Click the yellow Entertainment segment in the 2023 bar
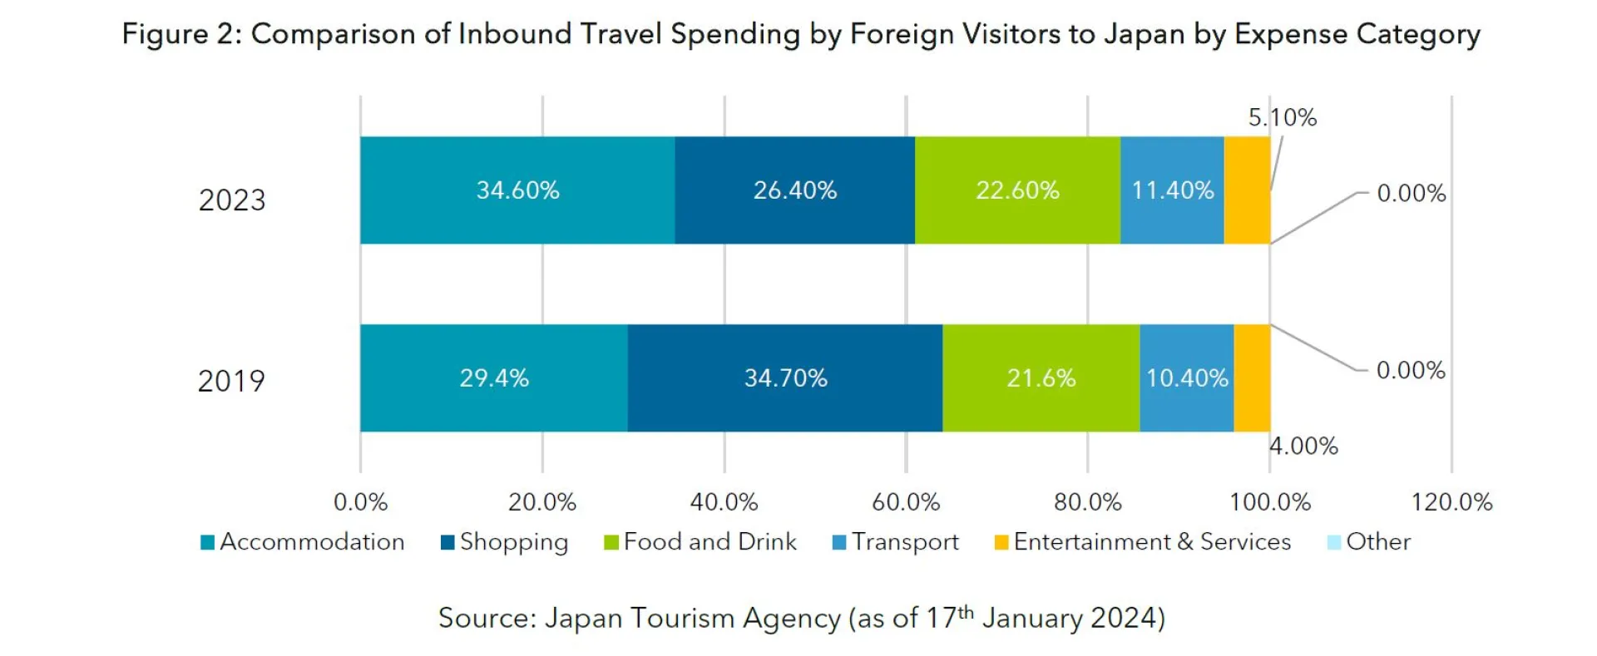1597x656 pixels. coord(1247,190)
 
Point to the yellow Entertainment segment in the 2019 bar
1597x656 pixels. coord(1252,378)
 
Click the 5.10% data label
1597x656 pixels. coord(1282,118)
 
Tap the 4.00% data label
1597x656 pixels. coord(1303,446)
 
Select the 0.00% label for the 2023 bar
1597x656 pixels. coord(1411,193)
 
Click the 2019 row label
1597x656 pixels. coord(231,381)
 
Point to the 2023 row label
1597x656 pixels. coord(231,200)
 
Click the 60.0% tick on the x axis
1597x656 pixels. coord(906,502)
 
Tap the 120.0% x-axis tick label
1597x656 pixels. coord(1451,502)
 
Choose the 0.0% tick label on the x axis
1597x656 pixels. coord(360,502)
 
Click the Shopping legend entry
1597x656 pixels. coord(505,542)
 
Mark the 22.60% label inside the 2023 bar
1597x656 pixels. coord(1017,190)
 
